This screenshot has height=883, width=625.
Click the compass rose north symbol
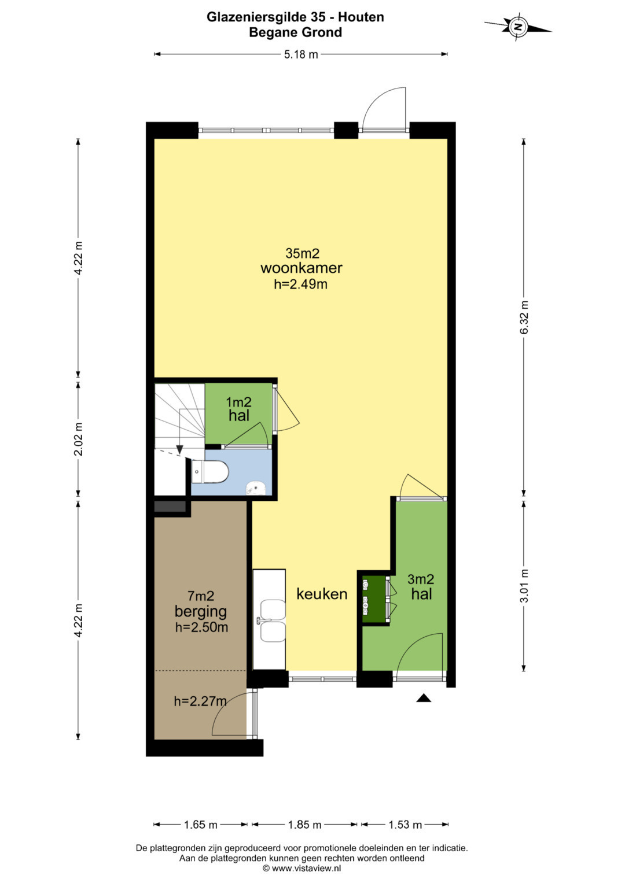pyautogui.click(x=517, y=27)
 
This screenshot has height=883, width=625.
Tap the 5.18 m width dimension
pyautogui.click(x=301, y=54)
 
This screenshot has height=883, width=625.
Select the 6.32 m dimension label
pyautogui.click(x=524, y=317)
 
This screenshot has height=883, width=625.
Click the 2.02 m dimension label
pyautogui.click(x=78, y=439)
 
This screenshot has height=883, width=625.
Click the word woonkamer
pyautogui.click(x=302, y=268)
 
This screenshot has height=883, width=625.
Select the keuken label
pyautogui.click(x=322, y=594)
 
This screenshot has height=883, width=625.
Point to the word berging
pyautogui.click(x=200, y=612)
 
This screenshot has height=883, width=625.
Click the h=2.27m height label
pyautogui.click(x=200, y=701)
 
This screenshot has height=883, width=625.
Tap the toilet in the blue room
pyautogui.click(x=210, y=471)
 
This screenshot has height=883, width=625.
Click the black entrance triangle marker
pyautogui.click(x=424, y=698)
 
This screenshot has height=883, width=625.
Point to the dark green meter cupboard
pyautogui.click(x=374, y=600)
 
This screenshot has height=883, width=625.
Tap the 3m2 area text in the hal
pyautogui.click(x=421, y=579)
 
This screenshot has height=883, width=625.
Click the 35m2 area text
pyautogui.click(x=302, y=253)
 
